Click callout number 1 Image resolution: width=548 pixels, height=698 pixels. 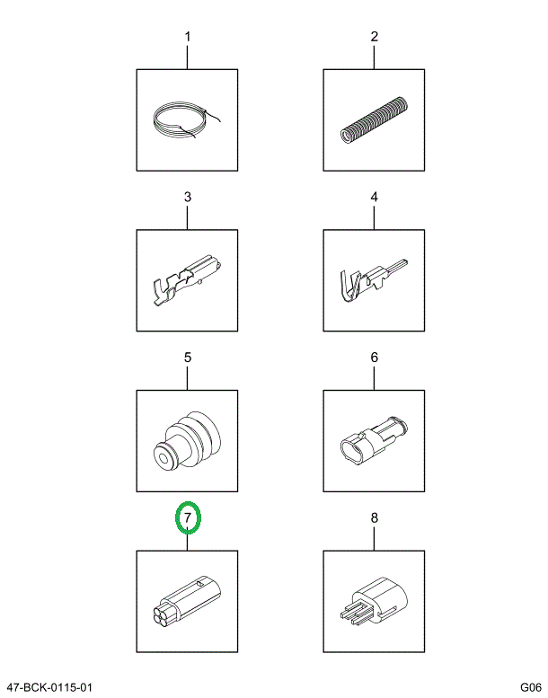(188, 36)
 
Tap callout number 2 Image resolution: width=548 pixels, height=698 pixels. (375, 36)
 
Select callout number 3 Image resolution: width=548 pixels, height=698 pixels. (188, 197)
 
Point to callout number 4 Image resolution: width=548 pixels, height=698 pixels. (375, 197)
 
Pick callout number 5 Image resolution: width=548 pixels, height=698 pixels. (188, 358)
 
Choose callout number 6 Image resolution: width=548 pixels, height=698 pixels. (375, 358)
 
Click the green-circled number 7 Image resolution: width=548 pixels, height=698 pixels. (188, 517)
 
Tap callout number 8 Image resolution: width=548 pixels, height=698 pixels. (375, 517)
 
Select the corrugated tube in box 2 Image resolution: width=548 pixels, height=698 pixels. (375, 119)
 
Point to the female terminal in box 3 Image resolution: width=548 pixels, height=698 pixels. (186, 279)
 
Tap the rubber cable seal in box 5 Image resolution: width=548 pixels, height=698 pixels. (186, 442)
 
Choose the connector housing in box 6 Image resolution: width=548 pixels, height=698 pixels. (373, 440)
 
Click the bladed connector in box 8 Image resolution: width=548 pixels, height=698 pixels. (373, 601)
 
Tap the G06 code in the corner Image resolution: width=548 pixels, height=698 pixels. (531, 687)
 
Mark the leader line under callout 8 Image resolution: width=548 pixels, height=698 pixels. (374, 538)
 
